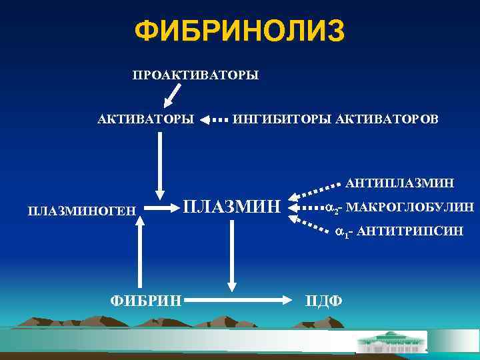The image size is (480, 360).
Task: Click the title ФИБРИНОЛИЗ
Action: coord(239,31)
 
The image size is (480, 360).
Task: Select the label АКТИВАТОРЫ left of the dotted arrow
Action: coord(146,120)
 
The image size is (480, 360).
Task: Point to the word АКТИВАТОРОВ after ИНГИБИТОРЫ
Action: coord(387,120)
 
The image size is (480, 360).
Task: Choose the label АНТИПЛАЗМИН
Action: coord(400,182)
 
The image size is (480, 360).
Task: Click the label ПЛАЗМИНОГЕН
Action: coord(81,211)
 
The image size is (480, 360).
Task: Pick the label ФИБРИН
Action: coord(146,301)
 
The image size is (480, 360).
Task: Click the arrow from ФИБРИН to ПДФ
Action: coord(240,301)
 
